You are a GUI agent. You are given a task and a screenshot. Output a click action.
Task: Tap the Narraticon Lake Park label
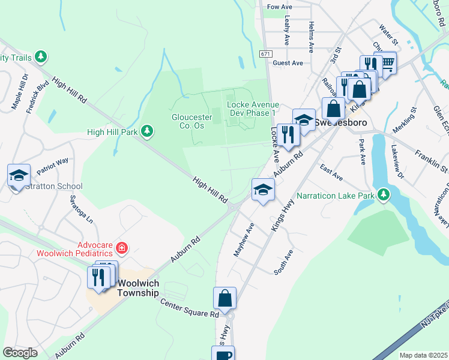click(x=336, y=195)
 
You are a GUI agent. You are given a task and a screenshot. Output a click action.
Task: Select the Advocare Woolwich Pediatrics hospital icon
click(x=121, y=247)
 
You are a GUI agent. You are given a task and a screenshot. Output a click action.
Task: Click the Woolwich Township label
click(x=138, y=288)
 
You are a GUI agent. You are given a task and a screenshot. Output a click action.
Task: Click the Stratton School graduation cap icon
click(x=19, y=175)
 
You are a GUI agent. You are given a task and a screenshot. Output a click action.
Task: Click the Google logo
click(x=20, y=353)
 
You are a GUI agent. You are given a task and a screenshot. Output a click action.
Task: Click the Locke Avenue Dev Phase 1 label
click(x=252, y=108)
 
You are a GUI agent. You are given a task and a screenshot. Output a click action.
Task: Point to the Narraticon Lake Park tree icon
click(x=382, y=194)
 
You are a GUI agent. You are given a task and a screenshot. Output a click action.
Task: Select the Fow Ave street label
click(x=279, y=7)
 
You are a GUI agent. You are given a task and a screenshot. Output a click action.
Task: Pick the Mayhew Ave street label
click(x=244, y=238)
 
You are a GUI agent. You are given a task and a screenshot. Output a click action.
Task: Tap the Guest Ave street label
click(x=288, y=63)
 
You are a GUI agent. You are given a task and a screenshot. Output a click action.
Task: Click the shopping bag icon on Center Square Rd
click(x=224, y=298)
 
